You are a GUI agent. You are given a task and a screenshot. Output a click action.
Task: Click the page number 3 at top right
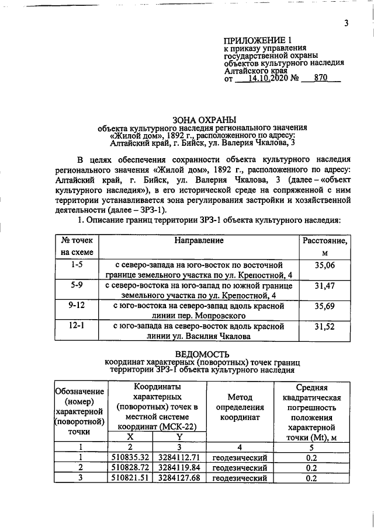(346, 23)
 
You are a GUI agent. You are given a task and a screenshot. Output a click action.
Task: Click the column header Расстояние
(325, 240)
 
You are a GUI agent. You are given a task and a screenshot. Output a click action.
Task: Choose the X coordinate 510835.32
(131, 457)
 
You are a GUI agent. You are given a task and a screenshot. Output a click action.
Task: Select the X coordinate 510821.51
(131, 478)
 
